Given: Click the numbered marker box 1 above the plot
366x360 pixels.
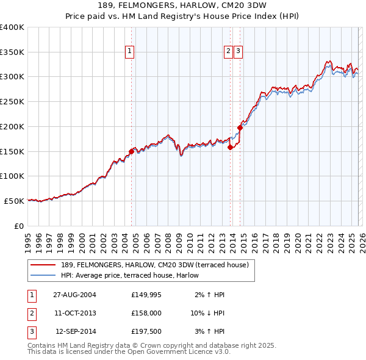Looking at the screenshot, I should pos(131,52).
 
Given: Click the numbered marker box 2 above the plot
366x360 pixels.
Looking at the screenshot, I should pos(228,52).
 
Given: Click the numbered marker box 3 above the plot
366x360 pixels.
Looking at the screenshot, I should pos(238,52).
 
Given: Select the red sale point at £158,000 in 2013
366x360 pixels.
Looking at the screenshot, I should pos(230,147).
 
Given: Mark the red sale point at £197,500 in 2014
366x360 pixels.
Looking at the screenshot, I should pos(240,128).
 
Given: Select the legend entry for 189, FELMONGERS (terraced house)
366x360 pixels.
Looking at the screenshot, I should pos(155,265).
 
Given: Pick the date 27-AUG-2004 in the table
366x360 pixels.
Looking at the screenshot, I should pos(74,295).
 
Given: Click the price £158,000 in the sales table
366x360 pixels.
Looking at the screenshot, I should pos(146,313).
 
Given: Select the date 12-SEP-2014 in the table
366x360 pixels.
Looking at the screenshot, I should pos(74,331).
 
